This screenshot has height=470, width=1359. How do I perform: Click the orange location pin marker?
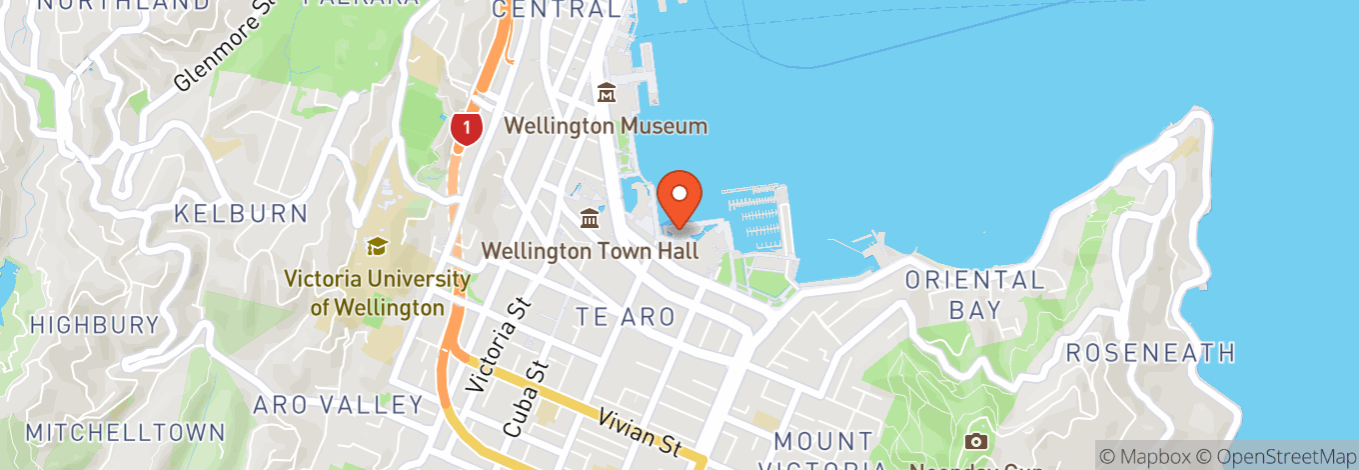[680, 197]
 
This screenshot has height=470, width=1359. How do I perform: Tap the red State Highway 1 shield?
[467, 126]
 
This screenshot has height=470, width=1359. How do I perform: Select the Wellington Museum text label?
[606, 126]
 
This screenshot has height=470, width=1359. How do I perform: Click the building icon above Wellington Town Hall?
[590, 218]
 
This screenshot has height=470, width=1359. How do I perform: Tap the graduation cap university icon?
[377, 246]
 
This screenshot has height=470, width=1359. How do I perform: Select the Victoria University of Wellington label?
[377, 293]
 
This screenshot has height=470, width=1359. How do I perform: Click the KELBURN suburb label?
[240, 213]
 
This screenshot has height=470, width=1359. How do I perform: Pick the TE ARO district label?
[626, 317]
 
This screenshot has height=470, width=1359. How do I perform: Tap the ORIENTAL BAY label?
[974, 295]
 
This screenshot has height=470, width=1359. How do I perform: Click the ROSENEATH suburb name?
[1150, 352]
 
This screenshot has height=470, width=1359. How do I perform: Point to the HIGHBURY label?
[95, 325]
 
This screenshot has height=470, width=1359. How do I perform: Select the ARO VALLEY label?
[338, 405]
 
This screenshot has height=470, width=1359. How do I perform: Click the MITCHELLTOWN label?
[125, 433]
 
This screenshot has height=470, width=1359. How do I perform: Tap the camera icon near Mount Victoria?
[976, 441]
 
